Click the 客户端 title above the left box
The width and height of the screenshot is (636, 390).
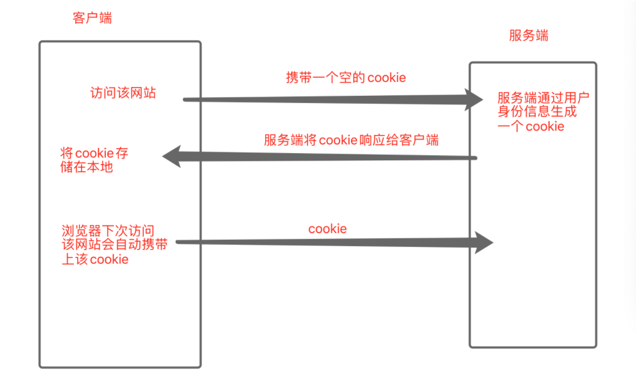(x=92, y=18)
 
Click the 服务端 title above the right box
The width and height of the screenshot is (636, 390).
(x=529, y=36)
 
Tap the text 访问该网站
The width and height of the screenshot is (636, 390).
(x=123, y=93)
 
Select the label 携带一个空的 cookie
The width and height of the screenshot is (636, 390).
(x=346, y=78)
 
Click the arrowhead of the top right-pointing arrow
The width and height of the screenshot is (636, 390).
(x=474, y=100)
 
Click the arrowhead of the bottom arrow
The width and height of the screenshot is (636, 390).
(x=484, y=242)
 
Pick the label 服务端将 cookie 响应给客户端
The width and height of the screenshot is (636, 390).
(x=351, y=140)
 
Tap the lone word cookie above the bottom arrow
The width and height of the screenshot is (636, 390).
(x=327, y=229)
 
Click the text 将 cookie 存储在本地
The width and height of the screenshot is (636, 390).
(x=94, y=160)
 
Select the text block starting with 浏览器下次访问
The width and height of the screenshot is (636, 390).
(x=115, y=245)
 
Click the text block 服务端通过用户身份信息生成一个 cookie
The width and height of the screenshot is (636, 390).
(x=542, y=112)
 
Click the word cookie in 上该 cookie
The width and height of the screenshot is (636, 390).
(x=109, y=259)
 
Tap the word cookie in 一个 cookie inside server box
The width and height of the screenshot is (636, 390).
(x=545, y=127)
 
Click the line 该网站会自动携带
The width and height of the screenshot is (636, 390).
(x=115, y=245)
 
